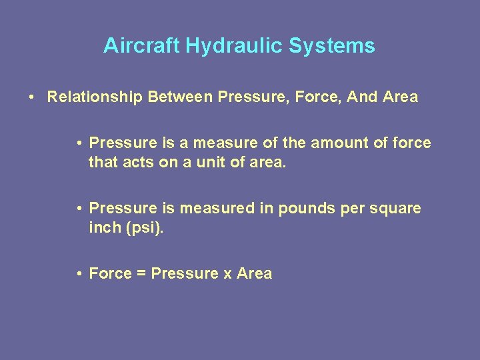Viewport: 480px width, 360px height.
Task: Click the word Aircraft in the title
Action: click(142, 46)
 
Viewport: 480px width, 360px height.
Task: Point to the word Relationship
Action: click(95, 97)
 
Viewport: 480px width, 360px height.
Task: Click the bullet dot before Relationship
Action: click(32, 97)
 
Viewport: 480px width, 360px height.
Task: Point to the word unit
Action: click(211, 162)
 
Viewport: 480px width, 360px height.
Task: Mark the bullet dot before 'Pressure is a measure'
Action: click(79, 143)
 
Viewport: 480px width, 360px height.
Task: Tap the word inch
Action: click(101, 227)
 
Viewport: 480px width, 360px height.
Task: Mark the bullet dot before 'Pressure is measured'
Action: click(79, 209)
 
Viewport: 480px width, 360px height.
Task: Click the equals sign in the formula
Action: click(141, 273)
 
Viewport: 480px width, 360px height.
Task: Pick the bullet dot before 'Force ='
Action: click(79, 273)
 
